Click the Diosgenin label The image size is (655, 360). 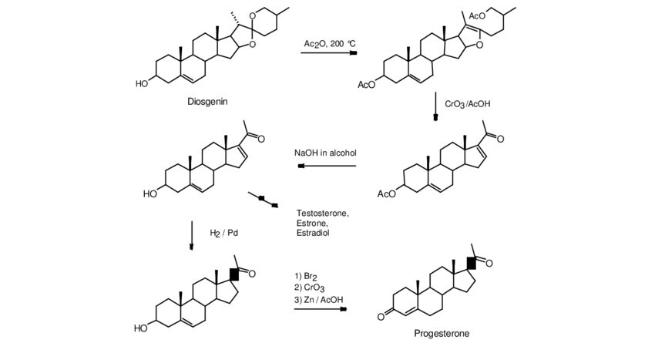(x=207, y=101)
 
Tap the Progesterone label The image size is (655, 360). (x=441, y=334)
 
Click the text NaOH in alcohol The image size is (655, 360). (x=325, y=153)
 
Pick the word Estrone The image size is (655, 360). (x=311, y=223)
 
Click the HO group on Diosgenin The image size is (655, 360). (x=143, y=83)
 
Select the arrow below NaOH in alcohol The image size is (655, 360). (x=325, y=165)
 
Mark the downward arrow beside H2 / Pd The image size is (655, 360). (x=191, y=234)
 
